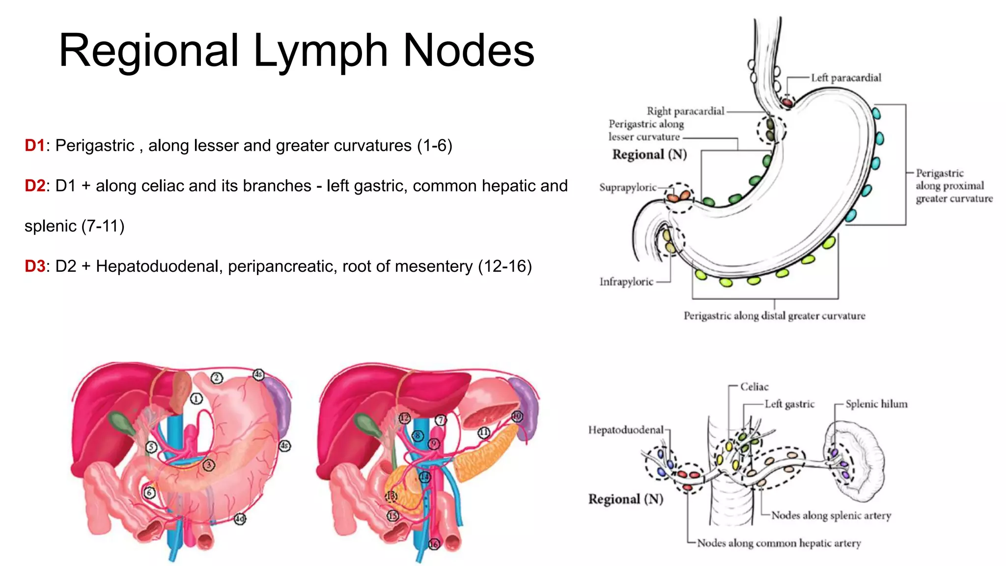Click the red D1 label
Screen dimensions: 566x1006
point(34,146)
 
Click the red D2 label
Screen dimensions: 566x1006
point(34,186)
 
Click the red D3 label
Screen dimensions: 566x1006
point(34,267)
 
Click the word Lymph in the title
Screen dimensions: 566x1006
point(320,51)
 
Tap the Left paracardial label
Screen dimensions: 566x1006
point(846,78)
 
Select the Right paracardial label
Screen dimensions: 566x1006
point(685,111)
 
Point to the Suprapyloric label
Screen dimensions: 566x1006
point(627,187)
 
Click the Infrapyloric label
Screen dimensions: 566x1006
point(626,282)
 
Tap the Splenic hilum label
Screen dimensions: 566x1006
point(876,404)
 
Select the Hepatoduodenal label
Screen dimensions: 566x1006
point(625,430)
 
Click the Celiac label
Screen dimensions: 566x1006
point(754,387)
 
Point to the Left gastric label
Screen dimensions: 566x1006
point(789,404)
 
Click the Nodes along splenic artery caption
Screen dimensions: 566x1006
point(831,515)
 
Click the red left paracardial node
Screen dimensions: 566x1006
point(787,102)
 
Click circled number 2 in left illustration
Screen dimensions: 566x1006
point(217,378)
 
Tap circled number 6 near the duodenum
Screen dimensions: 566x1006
point(149,492)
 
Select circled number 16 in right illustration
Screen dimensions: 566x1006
point(434,544)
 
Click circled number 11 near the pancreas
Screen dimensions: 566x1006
point(484,432)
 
